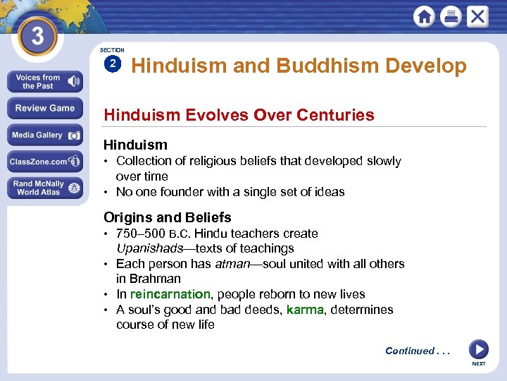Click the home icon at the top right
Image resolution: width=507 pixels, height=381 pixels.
[x=424, y=16]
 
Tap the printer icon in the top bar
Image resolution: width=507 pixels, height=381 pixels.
[x=451, y=16]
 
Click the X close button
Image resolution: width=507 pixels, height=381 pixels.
[x=477, y=16]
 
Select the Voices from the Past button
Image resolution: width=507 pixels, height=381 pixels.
[x=44, y=82]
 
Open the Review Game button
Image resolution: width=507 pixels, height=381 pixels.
[x=44, y=108]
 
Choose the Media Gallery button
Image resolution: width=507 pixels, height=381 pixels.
[x=44, y=135]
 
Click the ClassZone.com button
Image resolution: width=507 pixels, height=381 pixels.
[x=44, y=162]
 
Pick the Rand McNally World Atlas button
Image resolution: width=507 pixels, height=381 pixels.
[x=44, y=188]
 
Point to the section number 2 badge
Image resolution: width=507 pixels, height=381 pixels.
[x=112, y=64]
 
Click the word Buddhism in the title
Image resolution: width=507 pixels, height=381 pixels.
[x=325, y=66]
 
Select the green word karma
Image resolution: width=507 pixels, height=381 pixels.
[x=305, y=310]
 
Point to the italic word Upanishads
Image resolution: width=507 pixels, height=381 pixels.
[x=144, y=248]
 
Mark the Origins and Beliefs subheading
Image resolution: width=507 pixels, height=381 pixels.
[x=167, y=217]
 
